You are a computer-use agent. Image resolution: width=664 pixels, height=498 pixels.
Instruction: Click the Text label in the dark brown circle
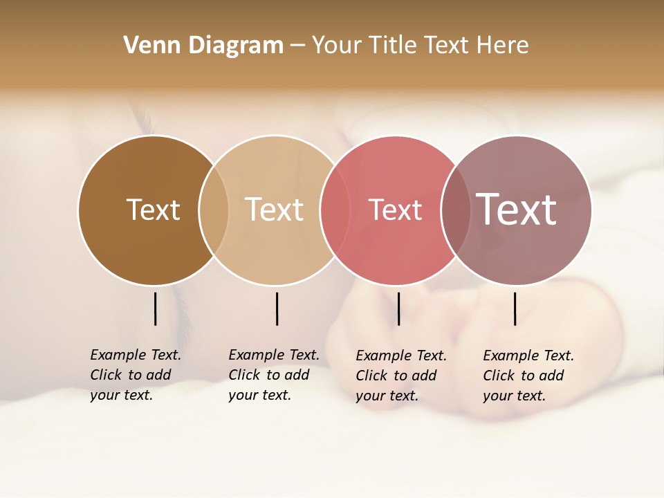[x=153, y=210]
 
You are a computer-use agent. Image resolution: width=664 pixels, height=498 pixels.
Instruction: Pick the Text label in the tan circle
[x=274, y=210]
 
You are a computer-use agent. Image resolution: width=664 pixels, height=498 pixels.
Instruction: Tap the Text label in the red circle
[x=395, y=210]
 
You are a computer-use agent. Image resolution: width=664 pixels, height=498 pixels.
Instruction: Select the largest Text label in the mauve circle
[x=516, y=209]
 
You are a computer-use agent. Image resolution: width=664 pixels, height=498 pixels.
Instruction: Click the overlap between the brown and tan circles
[x=214, y=210]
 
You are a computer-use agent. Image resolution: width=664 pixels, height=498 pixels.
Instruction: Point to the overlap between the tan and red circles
[x=335, y=210]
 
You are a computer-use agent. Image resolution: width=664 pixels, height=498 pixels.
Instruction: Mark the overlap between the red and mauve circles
[x=456, y=210]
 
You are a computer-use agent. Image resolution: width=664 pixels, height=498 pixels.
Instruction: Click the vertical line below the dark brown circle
[x=155, y=308]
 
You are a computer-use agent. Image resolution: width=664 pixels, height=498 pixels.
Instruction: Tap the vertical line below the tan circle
[x=277, y=308]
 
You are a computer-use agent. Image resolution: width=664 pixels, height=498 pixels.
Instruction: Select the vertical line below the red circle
[x=398, y=308]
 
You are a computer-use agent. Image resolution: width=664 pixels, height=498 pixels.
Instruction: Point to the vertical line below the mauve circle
[x=515, y=308]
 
